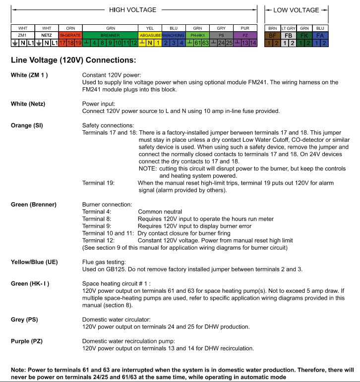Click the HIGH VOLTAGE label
tap(133, 10)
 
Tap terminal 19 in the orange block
tap(78, 43)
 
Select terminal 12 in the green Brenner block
tap(133, 43)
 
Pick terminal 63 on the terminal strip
tap(204, 43)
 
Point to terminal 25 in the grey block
tap(229, 43)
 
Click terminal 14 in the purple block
tap(253, 43)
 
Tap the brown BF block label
tap(272, 36)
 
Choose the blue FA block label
tap(320, 36)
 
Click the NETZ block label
tap(47, 36)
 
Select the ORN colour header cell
tap(70, 28)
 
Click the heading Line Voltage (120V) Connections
tap(72, 60)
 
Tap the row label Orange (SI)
tap(27, 126)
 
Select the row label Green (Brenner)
tap(34, 204)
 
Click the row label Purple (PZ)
tap(29, 341)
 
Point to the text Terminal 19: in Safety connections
tap(99, 183)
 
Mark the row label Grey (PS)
tap(26, 320)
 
